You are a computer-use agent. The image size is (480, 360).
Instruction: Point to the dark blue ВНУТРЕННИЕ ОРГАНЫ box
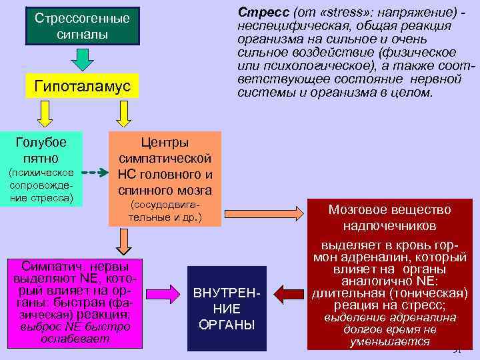pyautogui.click(x=227, y=309)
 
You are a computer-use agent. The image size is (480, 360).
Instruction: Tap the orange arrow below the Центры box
pyautogui.click(x=123, y=241)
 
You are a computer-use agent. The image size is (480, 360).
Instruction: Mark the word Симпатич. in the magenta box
pyautogui.click(x=49, y=264)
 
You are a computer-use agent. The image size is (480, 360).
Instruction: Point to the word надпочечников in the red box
pyautogui.click(x=389, y=225)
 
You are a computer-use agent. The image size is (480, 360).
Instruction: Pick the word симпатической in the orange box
pyautogui.click(x=165, y=159)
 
